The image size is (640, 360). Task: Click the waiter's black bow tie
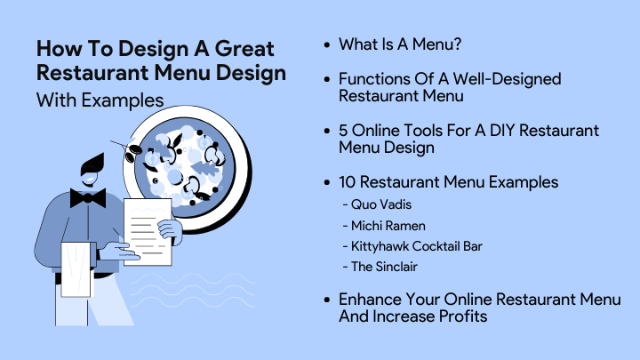[x=88, y=198]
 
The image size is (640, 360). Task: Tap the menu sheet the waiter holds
[x=148, y=231]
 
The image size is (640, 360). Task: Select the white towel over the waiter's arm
[x=76, y=269]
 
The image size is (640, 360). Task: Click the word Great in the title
[x=244, y=49]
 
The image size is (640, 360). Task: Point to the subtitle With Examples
[x=100, y=100]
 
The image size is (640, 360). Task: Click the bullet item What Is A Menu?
[x=400, y=44]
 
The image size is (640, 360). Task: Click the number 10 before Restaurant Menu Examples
[x=348, y=182]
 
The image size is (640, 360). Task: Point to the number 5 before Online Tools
[x=343, y=131]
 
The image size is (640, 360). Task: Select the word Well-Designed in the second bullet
[x=507, y=80]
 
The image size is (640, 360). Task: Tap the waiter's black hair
[x=92, y=165]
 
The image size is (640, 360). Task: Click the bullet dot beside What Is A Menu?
[x=327, y=44]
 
